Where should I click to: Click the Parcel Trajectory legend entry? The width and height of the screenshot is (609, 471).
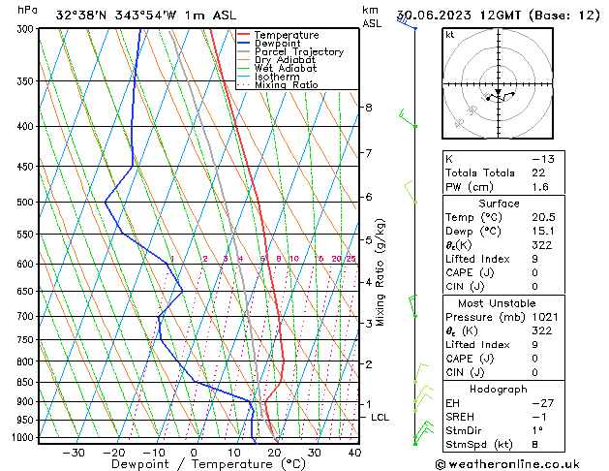pyautogui.click(x=298, y=51)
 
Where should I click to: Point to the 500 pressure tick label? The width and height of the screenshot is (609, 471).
pyautogui.click(x=24, y=203)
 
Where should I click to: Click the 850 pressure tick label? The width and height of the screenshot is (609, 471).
pyautogui.click(x=24, y=383)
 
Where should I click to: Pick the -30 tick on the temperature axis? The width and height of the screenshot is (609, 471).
pyautogui.click(x=74, y=452)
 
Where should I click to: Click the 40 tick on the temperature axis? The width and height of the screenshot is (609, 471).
pyautogui.click(x=354, y=452)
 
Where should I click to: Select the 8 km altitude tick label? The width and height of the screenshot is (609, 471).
pyautogui.click(x=368, y=107)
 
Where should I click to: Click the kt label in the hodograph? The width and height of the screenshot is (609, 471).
pyautogui.click(x=449, y=35)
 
